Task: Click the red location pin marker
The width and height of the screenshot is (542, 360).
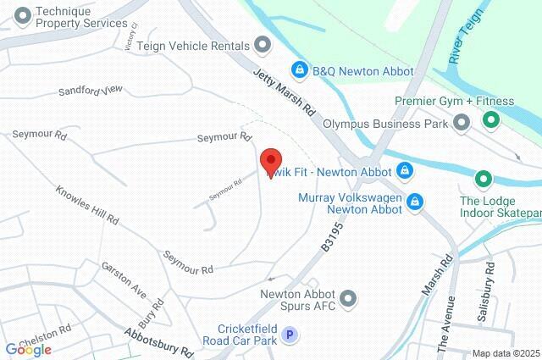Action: point(270,160)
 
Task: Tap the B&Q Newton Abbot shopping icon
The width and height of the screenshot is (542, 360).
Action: point(299,69)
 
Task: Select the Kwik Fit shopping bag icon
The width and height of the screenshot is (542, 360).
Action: point(405,170)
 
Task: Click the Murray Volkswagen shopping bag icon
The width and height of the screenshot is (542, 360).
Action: point(415,202)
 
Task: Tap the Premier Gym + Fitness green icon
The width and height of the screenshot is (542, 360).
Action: point(489,120)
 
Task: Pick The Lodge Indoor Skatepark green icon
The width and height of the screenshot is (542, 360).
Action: point(483,180)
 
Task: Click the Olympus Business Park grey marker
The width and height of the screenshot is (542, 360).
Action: point(462,124)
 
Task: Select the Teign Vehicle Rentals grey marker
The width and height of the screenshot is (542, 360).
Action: point(263,45)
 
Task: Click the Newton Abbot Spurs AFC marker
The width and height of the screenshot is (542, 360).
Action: point(348,296)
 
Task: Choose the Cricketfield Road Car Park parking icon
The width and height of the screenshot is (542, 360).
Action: point(290,335)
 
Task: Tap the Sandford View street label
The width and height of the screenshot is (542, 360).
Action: point(91,91)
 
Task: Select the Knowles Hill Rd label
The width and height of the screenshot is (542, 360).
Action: point(87,206)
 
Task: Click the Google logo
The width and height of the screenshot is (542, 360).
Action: point(28,348)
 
